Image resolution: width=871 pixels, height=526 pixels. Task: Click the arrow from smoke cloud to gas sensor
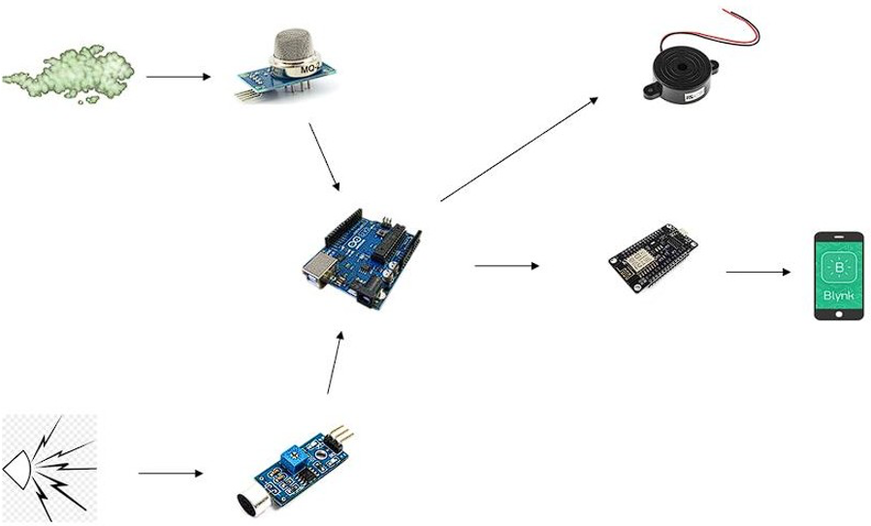pyautogui.click(x=177, y=76)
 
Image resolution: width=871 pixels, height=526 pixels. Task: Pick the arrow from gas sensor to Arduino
pyautogui.click(x=324, y=155)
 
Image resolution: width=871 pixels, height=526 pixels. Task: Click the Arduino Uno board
pyautogui.click(x=363, y=257)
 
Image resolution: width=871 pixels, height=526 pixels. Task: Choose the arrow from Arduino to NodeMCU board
pyautogui.click(x=506, y=265)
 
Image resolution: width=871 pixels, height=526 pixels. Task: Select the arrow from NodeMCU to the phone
pyautogui.click(x=758, y=272)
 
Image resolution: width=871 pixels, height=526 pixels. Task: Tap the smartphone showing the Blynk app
pyautogui.click(x=838, y=275)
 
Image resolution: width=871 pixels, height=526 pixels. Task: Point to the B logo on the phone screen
pyautogui.click(x=839, y=265)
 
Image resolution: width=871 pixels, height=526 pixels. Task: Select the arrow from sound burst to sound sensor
pyautogui.click(x=171, y=474)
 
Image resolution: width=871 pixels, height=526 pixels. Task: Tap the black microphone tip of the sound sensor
pyautogui.click(x=246, y=503)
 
